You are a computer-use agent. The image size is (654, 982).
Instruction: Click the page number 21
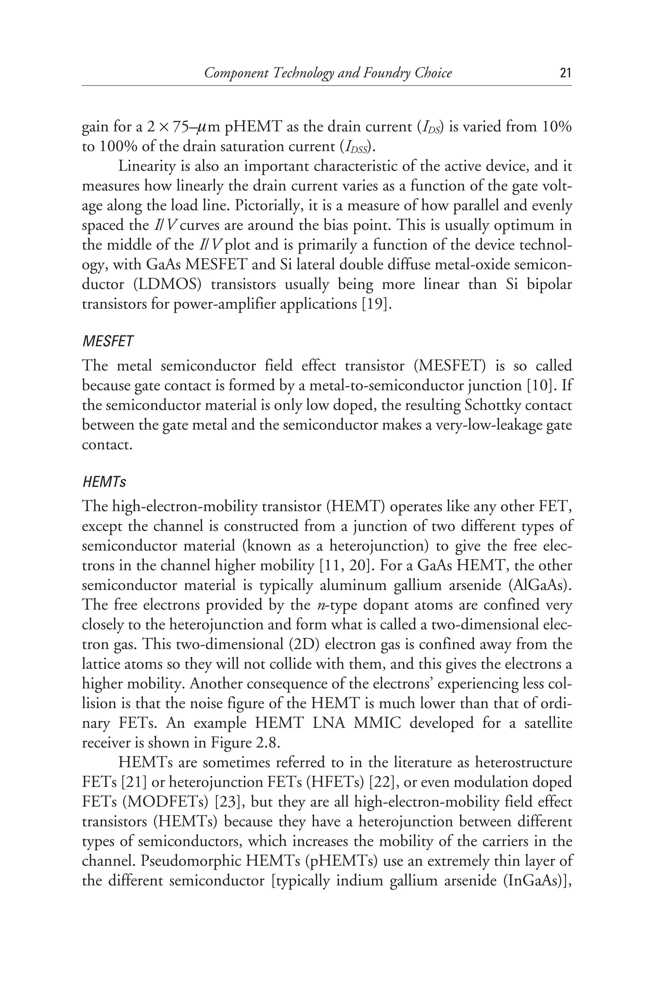[x=565, y=74]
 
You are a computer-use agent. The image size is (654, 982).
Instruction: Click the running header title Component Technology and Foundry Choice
[x=328, y=74]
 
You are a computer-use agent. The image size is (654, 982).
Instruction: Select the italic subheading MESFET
[x=108, y=341]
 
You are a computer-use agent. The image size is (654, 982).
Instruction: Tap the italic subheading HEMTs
[x=104, y=483]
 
